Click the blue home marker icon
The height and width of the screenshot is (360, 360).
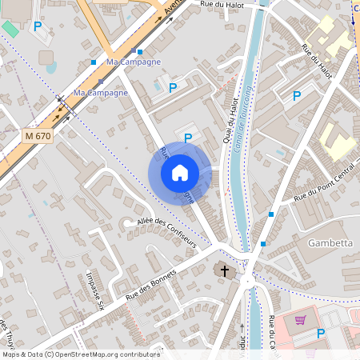click(x=180, y=172)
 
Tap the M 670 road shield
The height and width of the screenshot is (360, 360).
click(x=38, y=136)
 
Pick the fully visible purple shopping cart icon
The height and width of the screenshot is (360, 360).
click(x=300, y=320)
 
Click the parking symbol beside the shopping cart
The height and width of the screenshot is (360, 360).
click(x=321, y=334)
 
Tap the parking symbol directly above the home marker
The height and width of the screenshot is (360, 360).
click(x=188, y=138)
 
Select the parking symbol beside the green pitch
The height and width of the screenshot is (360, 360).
click(x=37, y=26)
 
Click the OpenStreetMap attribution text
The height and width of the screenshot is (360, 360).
click(x=80, y=354)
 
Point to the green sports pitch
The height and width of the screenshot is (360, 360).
click(x=10, y=28)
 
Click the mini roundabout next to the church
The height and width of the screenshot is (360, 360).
click(x=246, y=280)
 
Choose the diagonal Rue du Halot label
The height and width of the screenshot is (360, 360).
click(x=317, y=61)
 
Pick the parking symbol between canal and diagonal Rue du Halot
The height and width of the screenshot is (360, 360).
click(x=297, y=96)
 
